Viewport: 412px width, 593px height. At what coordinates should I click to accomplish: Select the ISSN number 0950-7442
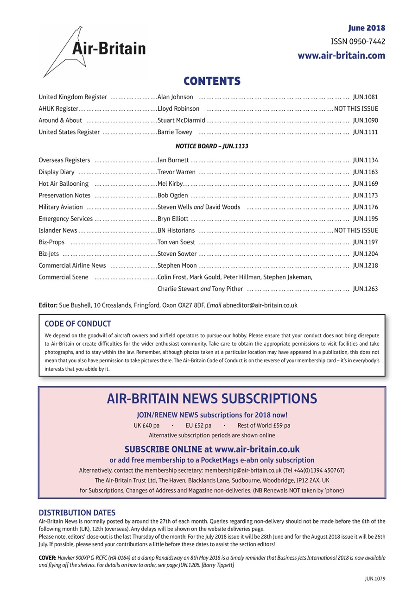point(358,42)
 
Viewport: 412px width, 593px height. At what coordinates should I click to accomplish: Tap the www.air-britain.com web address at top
point(341,56)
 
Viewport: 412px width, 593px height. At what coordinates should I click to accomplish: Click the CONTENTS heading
point(212,82)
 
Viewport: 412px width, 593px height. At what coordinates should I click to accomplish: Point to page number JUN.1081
point(365,97)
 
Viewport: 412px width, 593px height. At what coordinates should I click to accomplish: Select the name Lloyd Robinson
point(178,109)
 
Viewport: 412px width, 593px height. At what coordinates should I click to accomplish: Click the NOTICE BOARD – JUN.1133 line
point(212,146)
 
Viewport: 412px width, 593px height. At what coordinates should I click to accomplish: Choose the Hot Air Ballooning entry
point(63,183)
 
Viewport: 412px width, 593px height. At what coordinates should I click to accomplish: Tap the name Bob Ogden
point(172,196)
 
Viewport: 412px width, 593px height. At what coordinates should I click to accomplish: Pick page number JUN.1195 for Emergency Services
point(365,219)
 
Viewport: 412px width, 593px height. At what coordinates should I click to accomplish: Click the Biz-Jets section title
point(49,253)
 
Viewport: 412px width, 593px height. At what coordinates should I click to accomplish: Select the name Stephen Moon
point(177,265)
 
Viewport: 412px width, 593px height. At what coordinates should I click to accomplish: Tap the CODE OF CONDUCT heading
point(77,324)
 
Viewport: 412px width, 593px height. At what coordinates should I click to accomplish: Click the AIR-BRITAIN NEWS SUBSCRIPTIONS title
point(212,398)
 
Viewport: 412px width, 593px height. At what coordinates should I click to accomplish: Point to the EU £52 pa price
point(198,425)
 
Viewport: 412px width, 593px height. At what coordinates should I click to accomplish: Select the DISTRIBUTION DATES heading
point(77,512)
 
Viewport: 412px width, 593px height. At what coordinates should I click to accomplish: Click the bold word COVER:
point(48,558)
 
